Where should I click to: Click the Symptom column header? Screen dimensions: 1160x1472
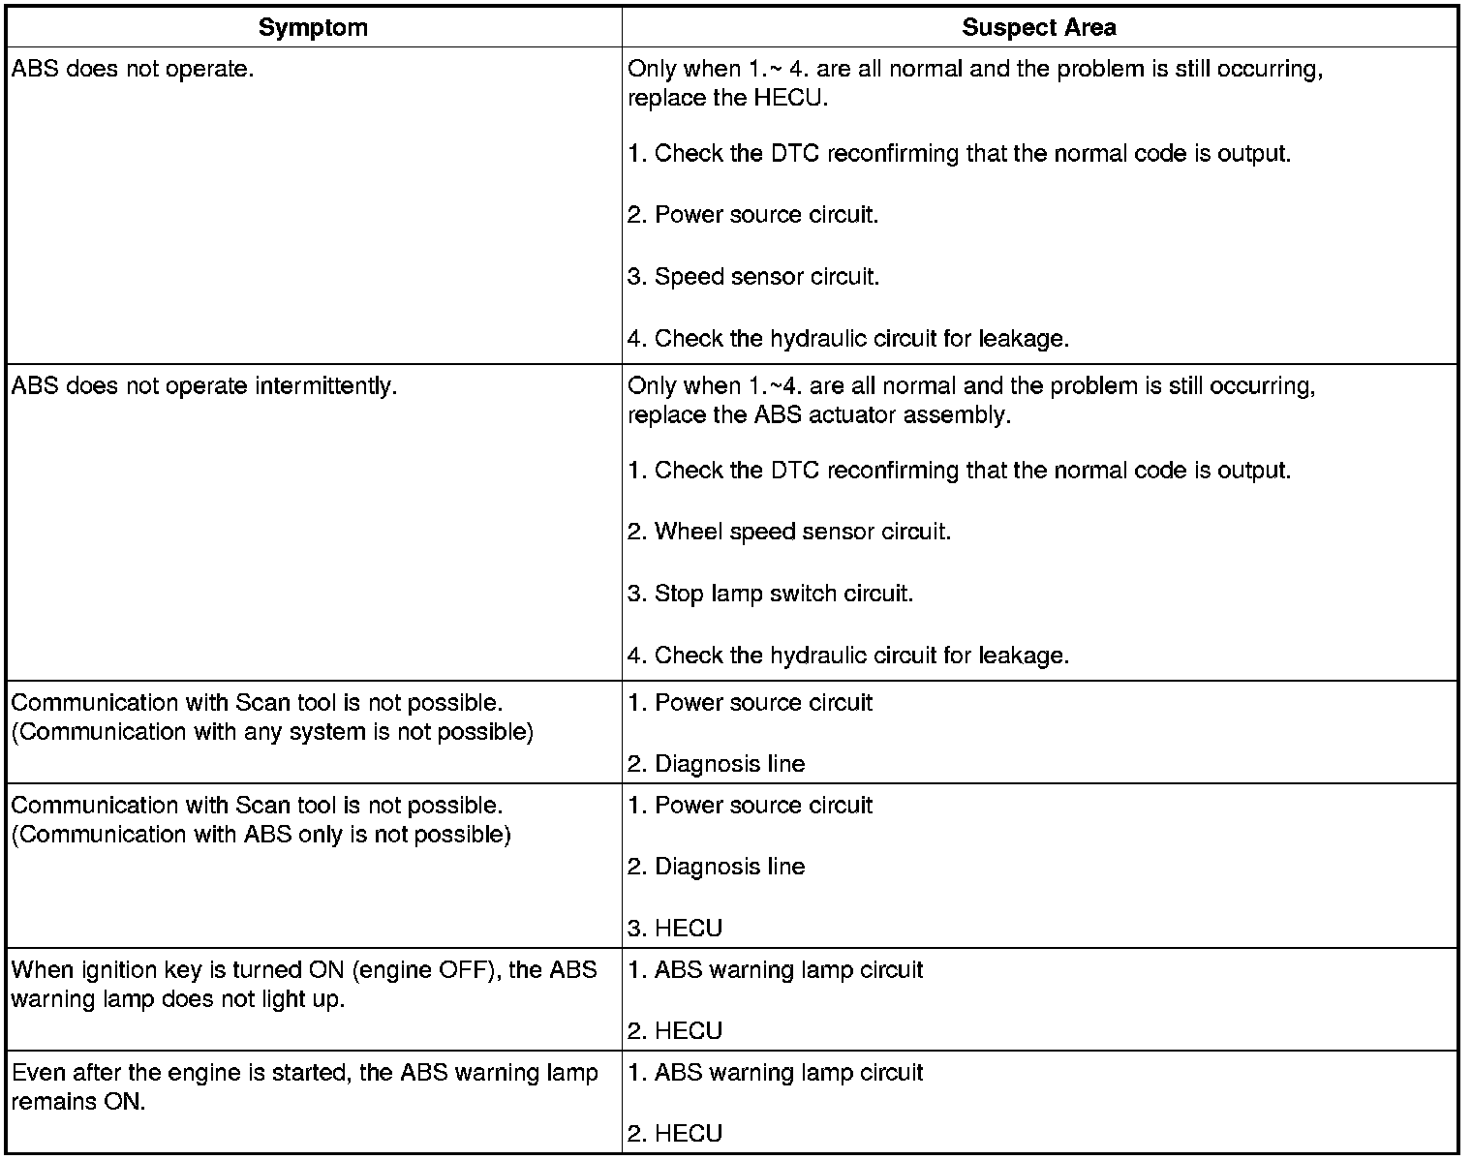[x=313, y=28]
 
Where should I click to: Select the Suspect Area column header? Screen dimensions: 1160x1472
[x=1038, y=28]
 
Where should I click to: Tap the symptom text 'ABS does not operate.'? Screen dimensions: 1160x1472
[x=133, y=70]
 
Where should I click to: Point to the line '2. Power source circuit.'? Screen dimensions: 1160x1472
[x=752, y=215]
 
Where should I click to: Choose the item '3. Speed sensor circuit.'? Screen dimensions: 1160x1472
[x=753, y=277]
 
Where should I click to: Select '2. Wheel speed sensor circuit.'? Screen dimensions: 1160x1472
[x=789, y=532]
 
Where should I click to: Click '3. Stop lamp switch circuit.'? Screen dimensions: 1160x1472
[x=770, y=594]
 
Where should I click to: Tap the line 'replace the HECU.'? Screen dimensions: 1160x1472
[x=727, y=99]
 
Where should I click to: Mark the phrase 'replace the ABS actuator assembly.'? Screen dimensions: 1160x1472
[x=818, y=415]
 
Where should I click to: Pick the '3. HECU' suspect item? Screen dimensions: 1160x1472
[x=675, y=929]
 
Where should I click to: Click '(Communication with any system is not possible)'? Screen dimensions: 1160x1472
[x=272, y=732]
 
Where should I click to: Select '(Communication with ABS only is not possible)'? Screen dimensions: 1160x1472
[x=261, y=835]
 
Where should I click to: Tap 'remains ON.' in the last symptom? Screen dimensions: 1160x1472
[x=78, y=1102]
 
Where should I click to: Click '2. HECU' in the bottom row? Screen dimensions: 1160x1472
[x=675, y=1134]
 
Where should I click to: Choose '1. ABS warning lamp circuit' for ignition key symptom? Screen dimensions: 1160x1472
[x=775, y=970]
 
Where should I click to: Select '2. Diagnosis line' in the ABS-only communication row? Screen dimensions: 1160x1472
[x=716, y=867]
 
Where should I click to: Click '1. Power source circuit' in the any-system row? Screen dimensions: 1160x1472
[x=750, y=703]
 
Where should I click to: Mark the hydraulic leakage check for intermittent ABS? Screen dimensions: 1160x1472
[x=847, y=656]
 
